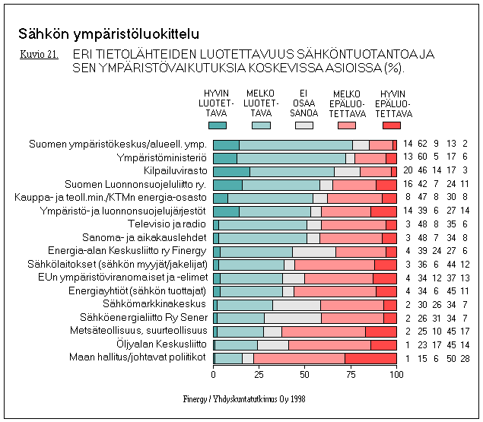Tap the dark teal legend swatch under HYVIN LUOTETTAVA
click(217, 125)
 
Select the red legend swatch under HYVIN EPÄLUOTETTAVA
click(392, 125)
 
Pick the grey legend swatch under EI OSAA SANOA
click(304, 125)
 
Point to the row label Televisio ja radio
click(164, 224)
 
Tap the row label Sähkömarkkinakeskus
click(159, 304)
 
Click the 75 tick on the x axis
click(351, 375)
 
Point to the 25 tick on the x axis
click(259, 375)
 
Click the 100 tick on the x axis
click(396, 375)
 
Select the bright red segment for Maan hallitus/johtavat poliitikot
click(370, 357)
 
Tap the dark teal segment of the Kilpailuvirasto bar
click(231, 171)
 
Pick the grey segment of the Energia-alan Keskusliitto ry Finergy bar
click(313, 251)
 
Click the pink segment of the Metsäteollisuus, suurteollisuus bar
click(323, 331)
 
